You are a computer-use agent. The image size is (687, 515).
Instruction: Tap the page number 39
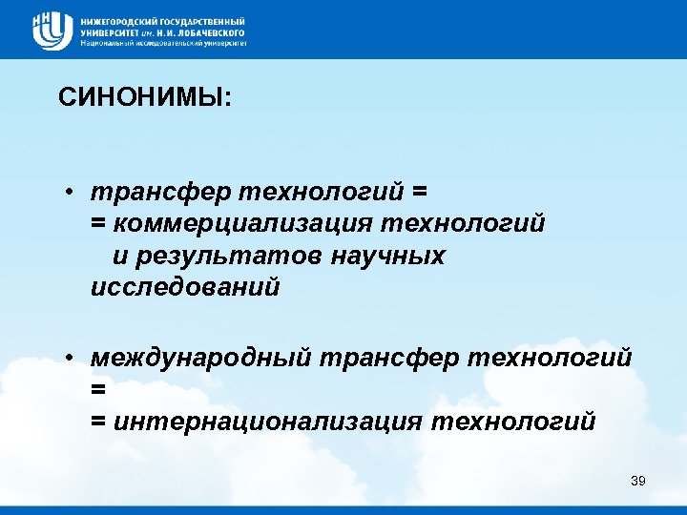[x=638, y=480]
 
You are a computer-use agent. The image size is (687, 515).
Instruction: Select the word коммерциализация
[x=242, y=223]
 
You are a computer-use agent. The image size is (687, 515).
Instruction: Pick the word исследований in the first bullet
[x=185, y=287]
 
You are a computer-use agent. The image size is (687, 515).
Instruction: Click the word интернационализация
[x=271, y=421]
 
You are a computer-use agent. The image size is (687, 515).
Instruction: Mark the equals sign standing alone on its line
[x=97, y=389]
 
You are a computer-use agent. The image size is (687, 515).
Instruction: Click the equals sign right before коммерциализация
[x=97, y=223]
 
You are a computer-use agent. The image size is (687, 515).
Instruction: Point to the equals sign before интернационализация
[x=97, y=421]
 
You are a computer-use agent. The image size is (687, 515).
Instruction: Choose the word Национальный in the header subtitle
[x=108, y=43]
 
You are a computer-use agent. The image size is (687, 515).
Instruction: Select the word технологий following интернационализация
[x=513, y=421]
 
